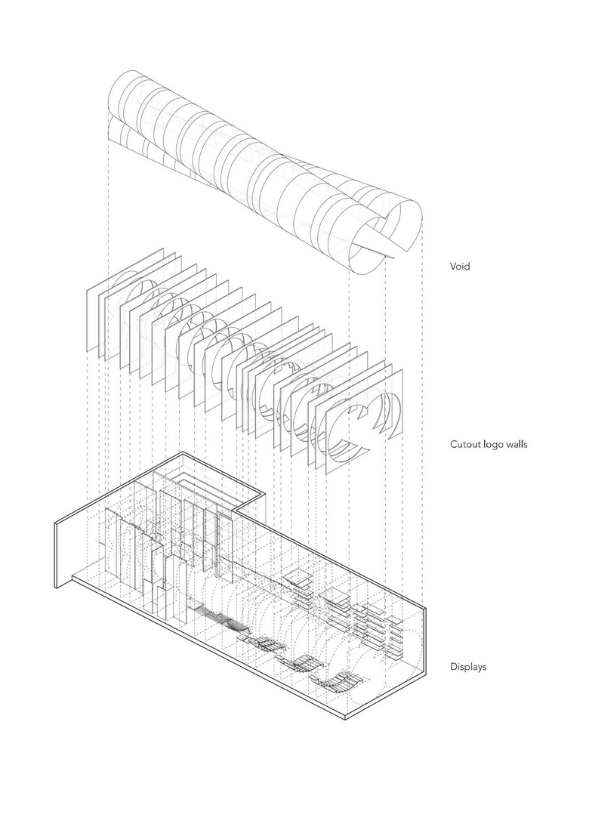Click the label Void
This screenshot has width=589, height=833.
[460, 266]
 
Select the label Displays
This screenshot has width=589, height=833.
[468, 667]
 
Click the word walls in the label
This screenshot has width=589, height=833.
[518, 444]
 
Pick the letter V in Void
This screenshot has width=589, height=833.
[453, 266]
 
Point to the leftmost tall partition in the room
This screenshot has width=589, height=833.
[113, 544]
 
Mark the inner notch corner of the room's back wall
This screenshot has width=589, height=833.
[239, 509]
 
